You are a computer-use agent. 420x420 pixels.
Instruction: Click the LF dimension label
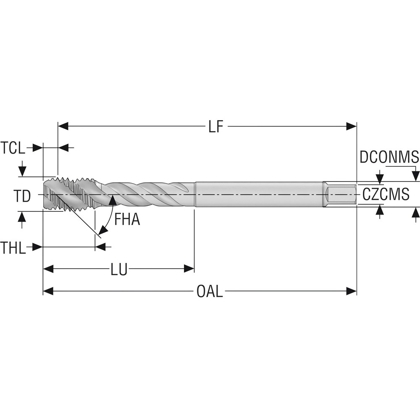(215, 126)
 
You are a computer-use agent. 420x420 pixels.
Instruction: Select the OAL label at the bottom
(210, 291)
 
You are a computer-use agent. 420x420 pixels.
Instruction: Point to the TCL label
(13, 148)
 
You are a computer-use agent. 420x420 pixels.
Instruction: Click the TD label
(22, 196)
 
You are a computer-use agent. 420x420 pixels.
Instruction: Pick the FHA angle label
(127, 219)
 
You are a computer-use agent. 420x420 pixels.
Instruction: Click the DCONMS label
(389, 157)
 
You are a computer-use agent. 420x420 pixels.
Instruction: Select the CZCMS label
(386, 194)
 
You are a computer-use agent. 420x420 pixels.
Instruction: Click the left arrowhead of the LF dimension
(63, 126)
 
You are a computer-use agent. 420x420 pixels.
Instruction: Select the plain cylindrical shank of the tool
(258, 194)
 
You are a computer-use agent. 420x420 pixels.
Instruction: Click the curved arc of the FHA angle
(108, 218)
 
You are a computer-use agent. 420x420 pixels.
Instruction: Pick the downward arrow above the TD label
(23, 171)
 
